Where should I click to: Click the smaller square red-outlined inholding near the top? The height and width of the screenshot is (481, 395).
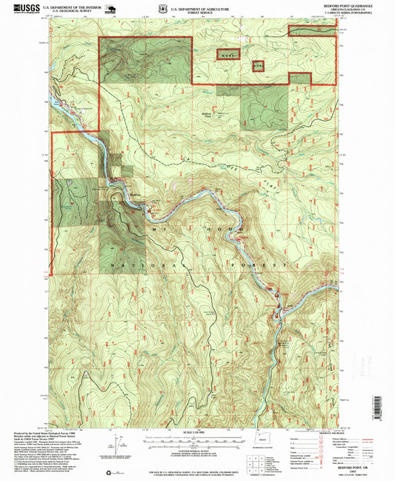point(259,65)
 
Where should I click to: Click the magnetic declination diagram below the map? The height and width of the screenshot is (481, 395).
point(111,445)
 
